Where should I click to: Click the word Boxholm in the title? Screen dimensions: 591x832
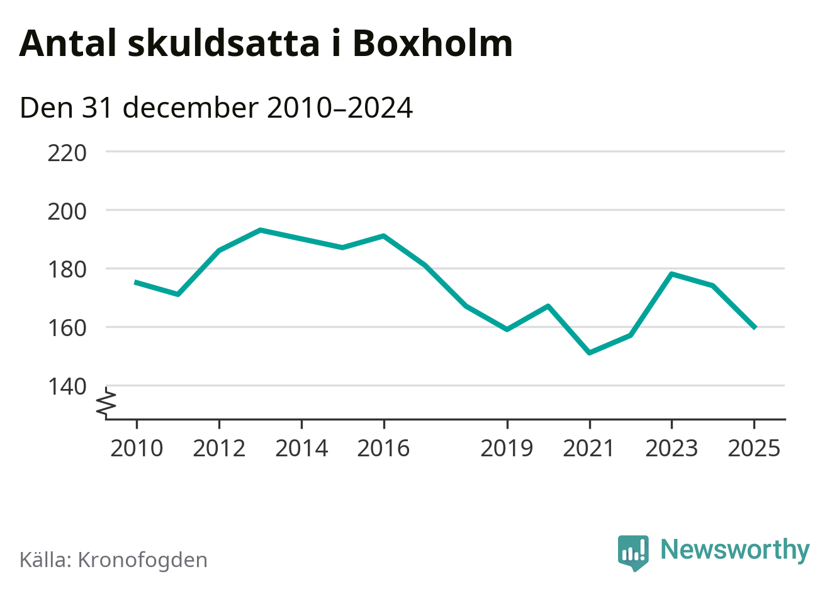click(432, 43)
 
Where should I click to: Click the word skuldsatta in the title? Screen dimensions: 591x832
click(223, 43)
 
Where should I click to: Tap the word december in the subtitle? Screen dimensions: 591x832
click(190, 108)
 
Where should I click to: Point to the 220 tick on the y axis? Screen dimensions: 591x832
click(67, 153)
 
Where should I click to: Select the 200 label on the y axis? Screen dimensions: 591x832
click(67, 211)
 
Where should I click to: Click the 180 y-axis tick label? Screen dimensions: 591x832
click(67, 270)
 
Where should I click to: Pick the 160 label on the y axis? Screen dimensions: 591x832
click(67, 328)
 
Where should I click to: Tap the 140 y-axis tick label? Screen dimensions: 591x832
click(67, 386)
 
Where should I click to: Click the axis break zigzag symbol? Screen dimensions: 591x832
click(106, 403)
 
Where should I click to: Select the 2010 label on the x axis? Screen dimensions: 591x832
click(137, 449)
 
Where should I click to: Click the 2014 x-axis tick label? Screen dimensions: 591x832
click(301, 449)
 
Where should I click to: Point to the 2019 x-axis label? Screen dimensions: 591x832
click(507, 449)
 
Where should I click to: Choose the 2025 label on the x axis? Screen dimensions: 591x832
click(754, 449)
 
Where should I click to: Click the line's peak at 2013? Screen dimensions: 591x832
click(261, 230)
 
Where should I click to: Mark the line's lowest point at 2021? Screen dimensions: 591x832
click(589, 352)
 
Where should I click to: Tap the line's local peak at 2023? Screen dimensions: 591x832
click(672, 274)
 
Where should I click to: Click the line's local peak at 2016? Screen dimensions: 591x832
click(384, 236)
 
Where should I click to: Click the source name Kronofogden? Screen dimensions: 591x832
click(142, 560)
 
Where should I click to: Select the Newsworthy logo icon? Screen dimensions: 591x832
click(632, 552)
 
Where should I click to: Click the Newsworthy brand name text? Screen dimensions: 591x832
click(734, 550)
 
